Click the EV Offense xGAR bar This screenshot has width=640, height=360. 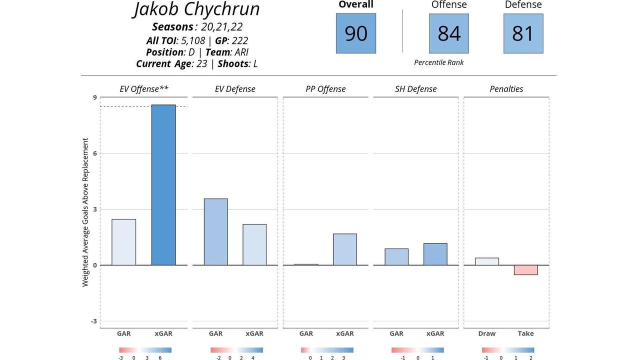(x=163, y=185)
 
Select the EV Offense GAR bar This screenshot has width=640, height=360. (x=123, y=242)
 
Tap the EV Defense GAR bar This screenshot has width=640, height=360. (x=215, y=232)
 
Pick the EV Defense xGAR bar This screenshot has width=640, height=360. (x=254, y=244)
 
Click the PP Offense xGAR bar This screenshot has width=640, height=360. (x=345, y=249)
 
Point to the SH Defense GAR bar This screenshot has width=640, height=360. (x=396, y=257)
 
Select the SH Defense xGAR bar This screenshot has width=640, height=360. (x=435, y=254)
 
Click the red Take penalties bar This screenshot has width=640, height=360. (x=525, y=270)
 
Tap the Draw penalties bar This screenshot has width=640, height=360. (x=487, y=261)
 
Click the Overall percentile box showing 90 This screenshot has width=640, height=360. (x=356, y=33)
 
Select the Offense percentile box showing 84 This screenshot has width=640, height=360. (x=449, y=33)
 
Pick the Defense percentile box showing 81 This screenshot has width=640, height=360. (x=523, y=33)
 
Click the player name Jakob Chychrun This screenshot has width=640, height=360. (x=197, y=9)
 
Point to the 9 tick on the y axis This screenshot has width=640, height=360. (x=94, y=97)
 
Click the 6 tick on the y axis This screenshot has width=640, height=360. (x=94, y=153)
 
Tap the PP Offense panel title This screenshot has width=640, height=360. (x=325, y=89)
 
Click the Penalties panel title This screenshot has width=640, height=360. (x=506, y=89)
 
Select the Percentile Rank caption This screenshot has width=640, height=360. (x=439, y=62)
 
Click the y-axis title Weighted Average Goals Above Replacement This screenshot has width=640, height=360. (x=85, y=212)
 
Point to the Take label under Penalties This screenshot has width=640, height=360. (x=525, y=333)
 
